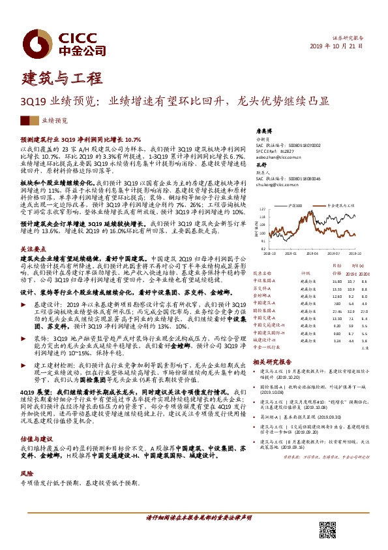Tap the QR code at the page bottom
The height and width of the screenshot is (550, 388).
(327, 529)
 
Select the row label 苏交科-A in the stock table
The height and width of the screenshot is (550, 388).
(265, 288)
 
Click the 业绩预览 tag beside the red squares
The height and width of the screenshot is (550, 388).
(54, 121)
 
